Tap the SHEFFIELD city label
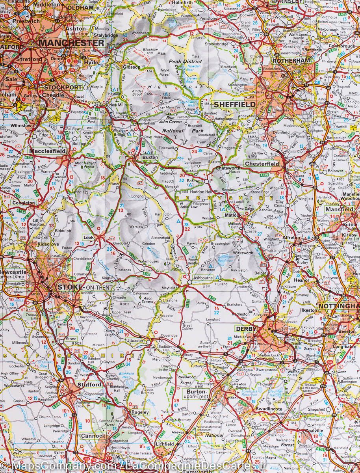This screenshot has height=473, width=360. [234, 104]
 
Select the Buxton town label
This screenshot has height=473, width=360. [150, 157]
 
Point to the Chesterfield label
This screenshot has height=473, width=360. [262, 164]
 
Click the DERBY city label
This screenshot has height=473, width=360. [246, 328]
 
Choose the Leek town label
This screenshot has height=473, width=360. [88, 237]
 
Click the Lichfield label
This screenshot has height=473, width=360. [165, 444]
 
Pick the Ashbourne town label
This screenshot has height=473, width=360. [202, 278]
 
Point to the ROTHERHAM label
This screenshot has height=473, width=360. [291, 61]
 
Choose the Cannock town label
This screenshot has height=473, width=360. [93, 436]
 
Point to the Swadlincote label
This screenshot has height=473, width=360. [269, 410]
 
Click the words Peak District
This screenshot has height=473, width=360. [183, 61]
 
